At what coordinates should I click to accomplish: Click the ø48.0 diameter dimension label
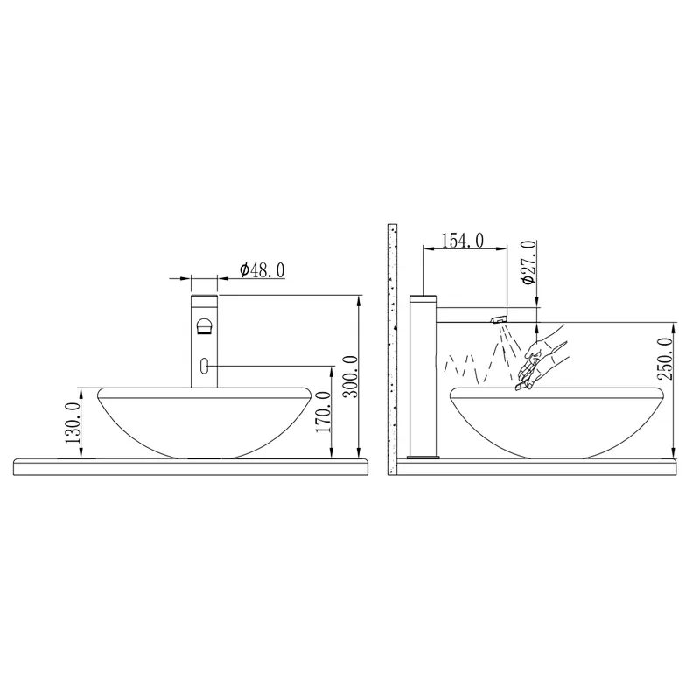[262, 270]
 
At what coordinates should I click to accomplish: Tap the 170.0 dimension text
[323, 411]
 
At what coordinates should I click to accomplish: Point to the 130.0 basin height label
[73, 423]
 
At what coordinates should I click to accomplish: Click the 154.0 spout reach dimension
[463, 241]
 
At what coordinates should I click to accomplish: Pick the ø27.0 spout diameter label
[528, 262]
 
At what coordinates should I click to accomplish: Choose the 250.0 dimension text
[665, 359]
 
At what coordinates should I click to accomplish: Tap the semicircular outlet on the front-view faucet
[204, 325]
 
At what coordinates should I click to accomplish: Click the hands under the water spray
[540, 361]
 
